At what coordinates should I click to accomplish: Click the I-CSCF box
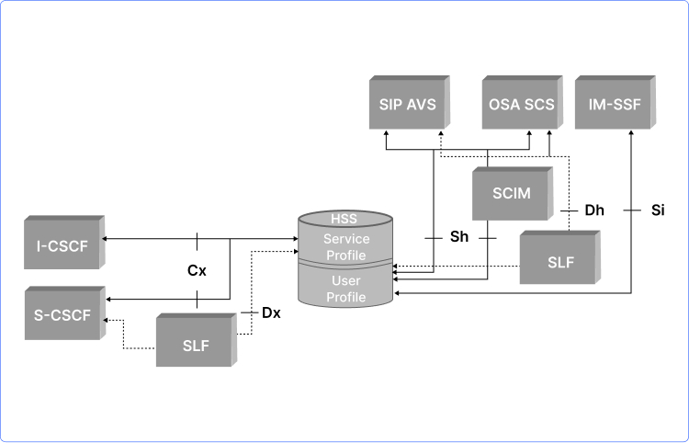(x=62, y=244)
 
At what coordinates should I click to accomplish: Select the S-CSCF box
(x=62, y=315)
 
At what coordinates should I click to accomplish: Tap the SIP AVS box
(x=408, y=105)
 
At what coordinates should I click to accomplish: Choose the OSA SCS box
(x=519, y=105)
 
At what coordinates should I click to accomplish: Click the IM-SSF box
(x=614, y=105)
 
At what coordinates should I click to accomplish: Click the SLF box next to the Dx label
(x=196, y=346)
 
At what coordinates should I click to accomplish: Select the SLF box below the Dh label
(x=560, y=261)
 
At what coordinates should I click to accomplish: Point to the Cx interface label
(x=197, y=271)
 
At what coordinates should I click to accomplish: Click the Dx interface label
(x=271, y=312)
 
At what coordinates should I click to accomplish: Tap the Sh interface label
(x=459, y=237)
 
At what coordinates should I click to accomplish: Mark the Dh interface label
(x=594, y=210)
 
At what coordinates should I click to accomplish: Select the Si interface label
(x=657, y=210)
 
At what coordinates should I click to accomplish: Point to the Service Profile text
(x=344, y=246)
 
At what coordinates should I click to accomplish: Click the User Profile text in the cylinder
(x=344, y=289)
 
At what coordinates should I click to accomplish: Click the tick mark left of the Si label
(x=632, y=210)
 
